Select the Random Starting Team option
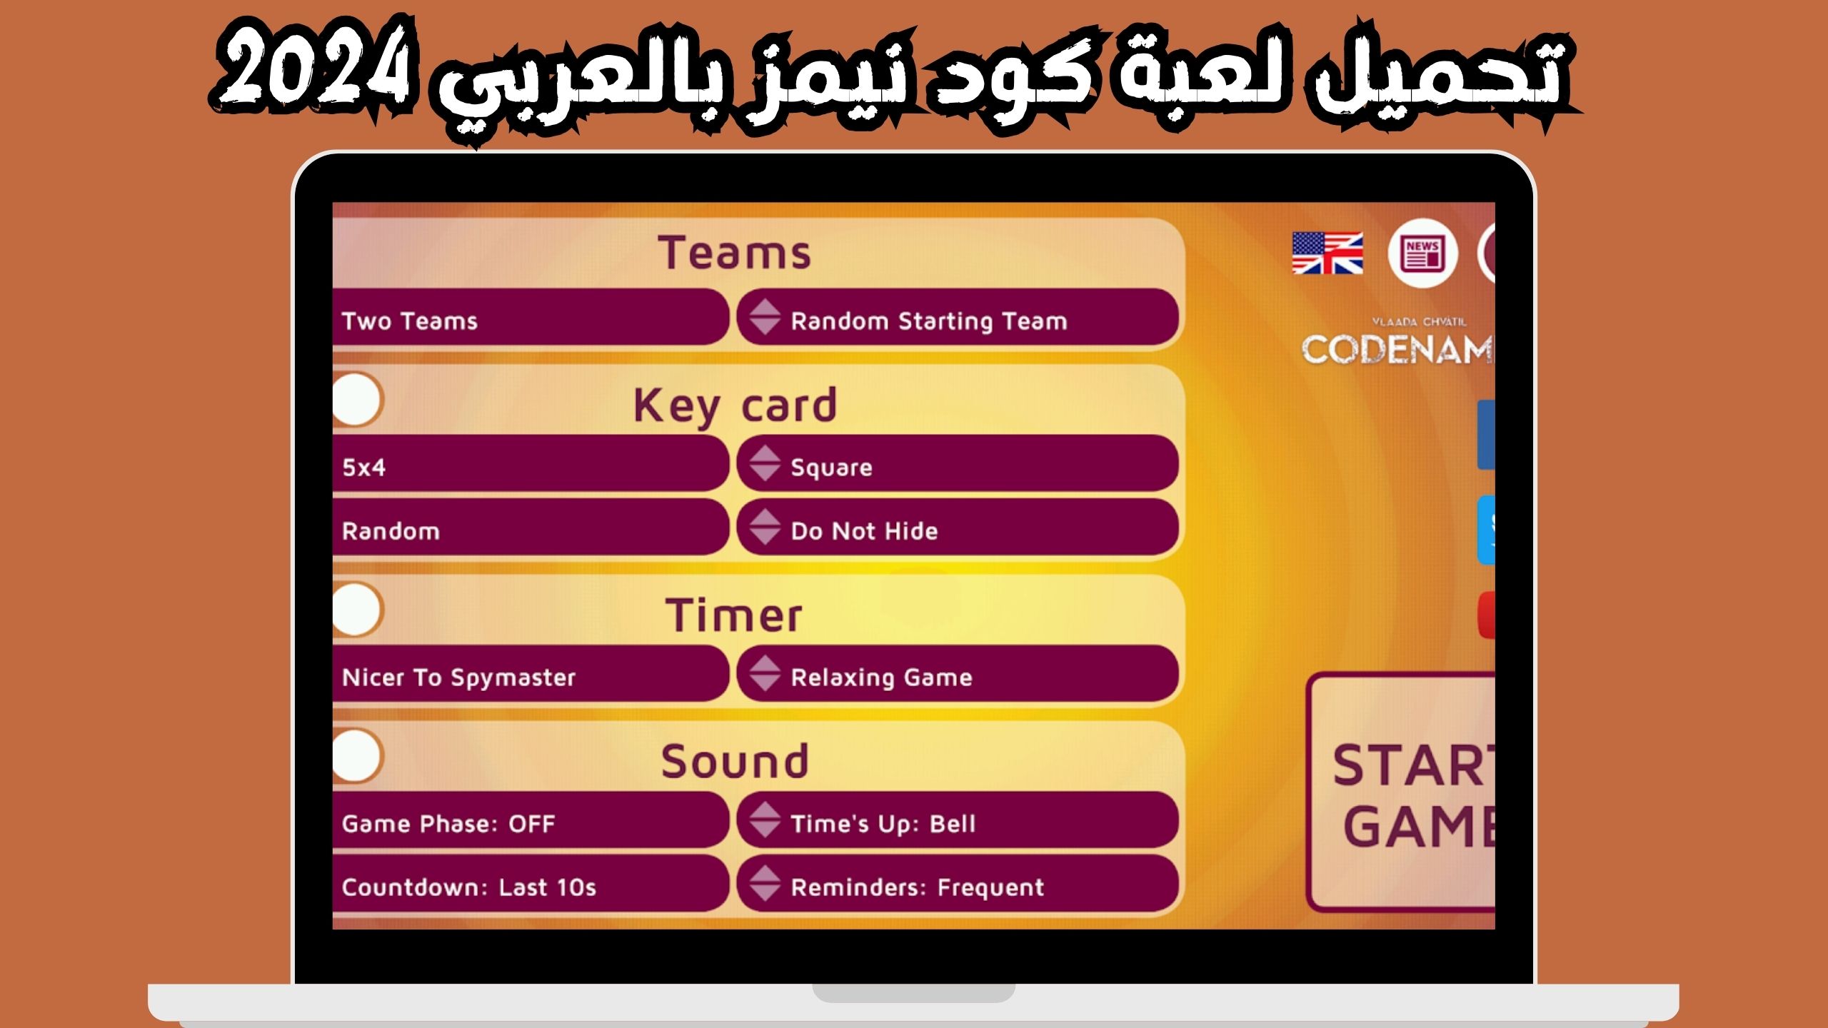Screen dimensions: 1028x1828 [957, 321]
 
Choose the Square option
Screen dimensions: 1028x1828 [957, 467]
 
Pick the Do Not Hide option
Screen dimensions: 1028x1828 [957, 530]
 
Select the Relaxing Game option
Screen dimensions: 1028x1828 [957, 677]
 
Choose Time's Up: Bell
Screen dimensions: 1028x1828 [957, 823]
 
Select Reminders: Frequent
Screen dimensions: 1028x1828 [957, 887]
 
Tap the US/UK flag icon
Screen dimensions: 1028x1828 [1327, 253]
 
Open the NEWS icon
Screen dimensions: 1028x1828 [1422, 253]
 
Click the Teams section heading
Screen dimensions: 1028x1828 [735, 253]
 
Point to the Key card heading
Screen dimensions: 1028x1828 [735, 405]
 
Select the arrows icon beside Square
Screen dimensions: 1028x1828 [764, 463]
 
